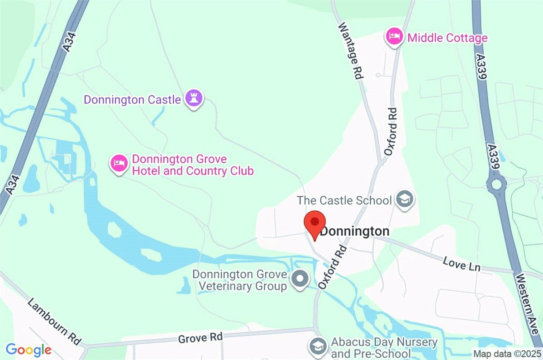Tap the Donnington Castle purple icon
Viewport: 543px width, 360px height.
[194, 99]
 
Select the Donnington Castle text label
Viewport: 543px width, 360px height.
[132, 99]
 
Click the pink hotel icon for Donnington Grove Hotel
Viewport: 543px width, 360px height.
[119, 163]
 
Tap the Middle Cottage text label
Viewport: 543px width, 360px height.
[448, 38]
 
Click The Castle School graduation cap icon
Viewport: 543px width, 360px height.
[404, 199]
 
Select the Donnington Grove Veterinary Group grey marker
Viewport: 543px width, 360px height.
[300, 279]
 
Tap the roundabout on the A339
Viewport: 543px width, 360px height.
[496, 184]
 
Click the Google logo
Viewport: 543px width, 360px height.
[28, 349]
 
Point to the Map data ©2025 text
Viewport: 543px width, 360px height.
[506, 353]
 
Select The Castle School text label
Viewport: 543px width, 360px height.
[344, 200]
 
